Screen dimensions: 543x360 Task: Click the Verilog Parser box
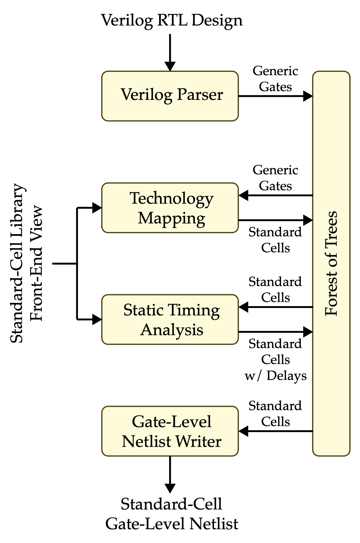tap(170, 96)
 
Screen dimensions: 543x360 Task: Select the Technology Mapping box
tap(170, 208)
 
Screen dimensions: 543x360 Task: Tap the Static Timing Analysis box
tap(170, 320)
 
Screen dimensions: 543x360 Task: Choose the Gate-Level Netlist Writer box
tap(170, 431)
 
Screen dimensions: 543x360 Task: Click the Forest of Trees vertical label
tap(331, 264)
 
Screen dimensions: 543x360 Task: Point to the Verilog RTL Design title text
tap(172, 20)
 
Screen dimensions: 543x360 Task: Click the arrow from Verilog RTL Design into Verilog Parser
tap(170, 52)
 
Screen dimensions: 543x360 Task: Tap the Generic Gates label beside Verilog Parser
tap(275, 79)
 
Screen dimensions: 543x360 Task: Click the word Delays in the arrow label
tap(286, 376)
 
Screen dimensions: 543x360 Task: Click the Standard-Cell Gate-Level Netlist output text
tap(172, 514)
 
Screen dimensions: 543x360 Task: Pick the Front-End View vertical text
tap(37, 264)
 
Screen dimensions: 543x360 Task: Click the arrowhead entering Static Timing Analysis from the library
tap(97, 320)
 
